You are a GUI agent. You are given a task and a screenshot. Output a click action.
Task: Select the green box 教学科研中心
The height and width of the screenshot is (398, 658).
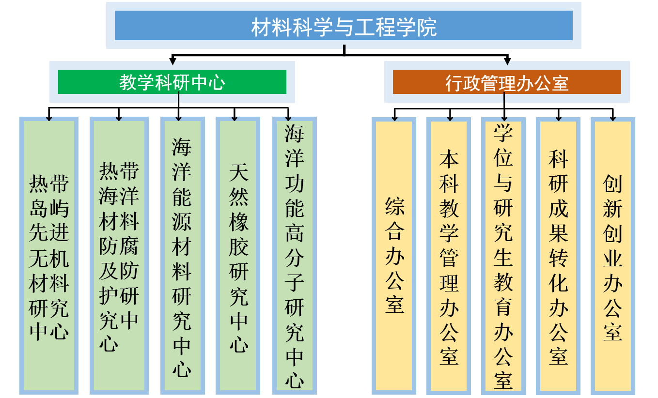coord(172,82)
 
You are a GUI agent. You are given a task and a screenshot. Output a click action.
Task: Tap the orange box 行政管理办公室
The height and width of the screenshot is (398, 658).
coord(507,82)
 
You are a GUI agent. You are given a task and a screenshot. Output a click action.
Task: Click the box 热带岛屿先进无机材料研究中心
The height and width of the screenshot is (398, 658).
coord(49,256)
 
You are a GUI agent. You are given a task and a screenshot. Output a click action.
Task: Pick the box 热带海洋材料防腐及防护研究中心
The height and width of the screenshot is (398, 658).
coord(119,256)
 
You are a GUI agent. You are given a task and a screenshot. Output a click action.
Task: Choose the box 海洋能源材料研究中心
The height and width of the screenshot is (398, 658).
coord(182,256)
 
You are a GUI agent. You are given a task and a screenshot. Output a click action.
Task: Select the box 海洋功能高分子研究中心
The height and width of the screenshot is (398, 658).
coord(294,256)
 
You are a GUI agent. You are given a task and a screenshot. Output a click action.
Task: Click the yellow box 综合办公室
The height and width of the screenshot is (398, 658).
coord(394,256)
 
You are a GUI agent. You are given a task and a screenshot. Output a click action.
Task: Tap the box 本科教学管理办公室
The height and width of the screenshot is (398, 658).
coord(449,256)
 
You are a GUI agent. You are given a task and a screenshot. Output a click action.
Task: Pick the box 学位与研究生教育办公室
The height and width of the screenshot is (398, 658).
coord(503,256)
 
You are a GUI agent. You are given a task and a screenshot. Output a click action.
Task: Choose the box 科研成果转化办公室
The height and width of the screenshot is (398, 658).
coord(558,256)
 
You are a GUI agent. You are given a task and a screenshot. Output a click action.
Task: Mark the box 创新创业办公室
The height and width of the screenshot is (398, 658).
coord(612,256)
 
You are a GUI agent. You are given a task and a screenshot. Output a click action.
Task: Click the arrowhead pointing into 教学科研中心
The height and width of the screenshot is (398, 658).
coord(172,61)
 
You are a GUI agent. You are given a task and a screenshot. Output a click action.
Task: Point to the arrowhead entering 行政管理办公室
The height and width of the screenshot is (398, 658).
coord(507,61)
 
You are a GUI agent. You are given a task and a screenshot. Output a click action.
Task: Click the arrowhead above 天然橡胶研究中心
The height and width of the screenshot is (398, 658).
coord(235,118)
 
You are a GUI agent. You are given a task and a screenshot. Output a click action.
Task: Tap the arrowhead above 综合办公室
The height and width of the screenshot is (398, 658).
coord(395,118)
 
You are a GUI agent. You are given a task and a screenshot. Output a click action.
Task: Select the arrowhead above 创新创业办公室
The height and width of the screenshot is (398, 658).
coord(612,118)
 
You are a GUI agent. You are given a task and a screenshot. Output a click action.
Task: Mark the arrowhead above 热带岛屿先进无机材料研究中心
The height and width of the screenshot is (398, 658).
coord(48,118)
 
